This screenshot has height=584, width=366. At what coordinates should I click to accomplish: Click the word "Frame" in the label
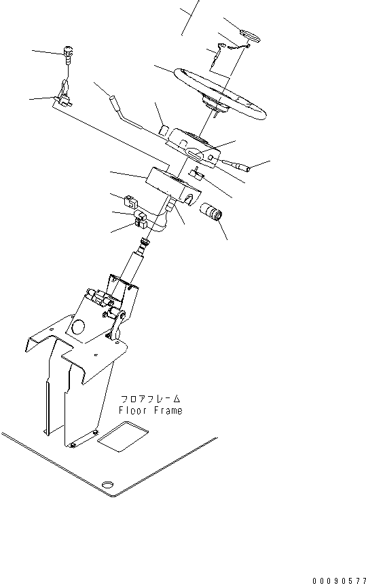(x=167, y=410)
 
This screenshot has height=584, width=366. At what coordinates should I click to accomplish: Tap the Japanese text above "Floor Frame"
(x=151, y=399)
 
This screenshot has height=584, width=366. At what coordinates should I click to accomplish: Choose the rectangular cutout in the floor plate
(x=122, y=436)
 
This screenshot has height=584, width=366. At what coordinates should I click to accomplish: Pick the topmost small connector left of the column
(x=131, y=201)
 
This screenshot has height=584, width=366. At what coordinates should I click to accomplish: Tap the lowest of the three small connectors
(x=143, y=223)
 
